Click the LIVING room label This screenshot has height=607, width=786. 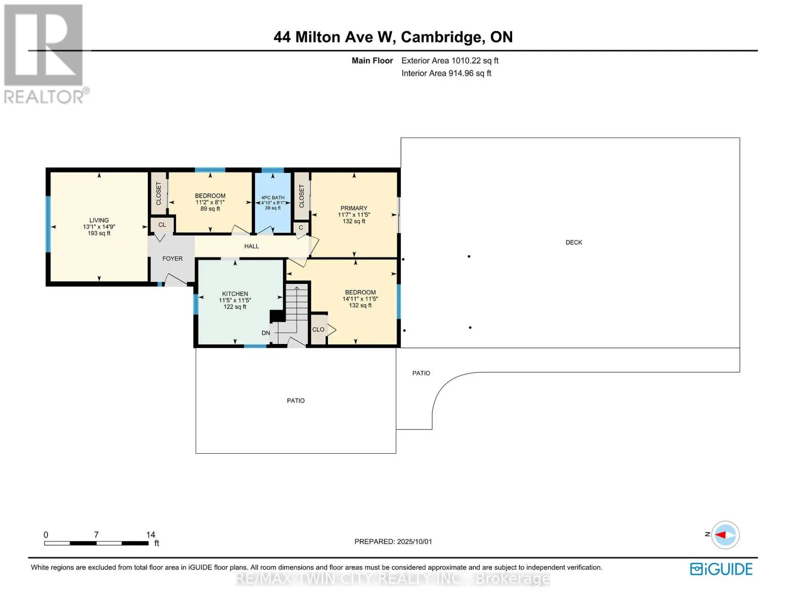point(99,220)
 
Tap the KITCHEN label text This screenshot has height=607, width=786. point(235,294)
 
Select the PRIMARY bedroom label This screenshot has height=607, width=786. point(354,208)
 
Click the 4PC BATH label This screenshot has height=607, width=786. point(273,198)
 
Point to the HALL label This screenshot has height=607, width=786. point(252,246)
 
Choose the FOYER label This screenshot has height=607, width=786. point(172,258)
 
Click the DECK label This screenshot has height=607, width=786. point(573,242)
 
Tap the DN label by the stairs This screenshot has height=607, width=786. point(266,333)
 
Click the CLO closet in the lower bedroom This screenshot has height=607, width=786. point(318,329)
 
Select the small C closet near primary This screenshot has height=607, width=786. point(301,228)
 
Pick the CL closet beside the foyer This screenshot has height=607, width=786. point(162,225)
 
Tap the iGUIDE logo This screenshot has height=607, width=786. point(721,569)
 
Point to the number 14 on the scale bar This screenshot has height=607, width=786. point(150,534)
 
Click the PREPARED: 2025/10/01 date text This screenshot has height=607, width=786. point(393,541)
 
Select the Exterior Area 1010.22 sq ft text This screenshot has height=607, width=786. point(449,60)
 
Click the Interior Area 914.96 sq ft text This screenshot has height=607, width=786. point(446,73)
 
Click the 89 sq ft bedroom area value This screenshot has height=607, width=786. point(210,208)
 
